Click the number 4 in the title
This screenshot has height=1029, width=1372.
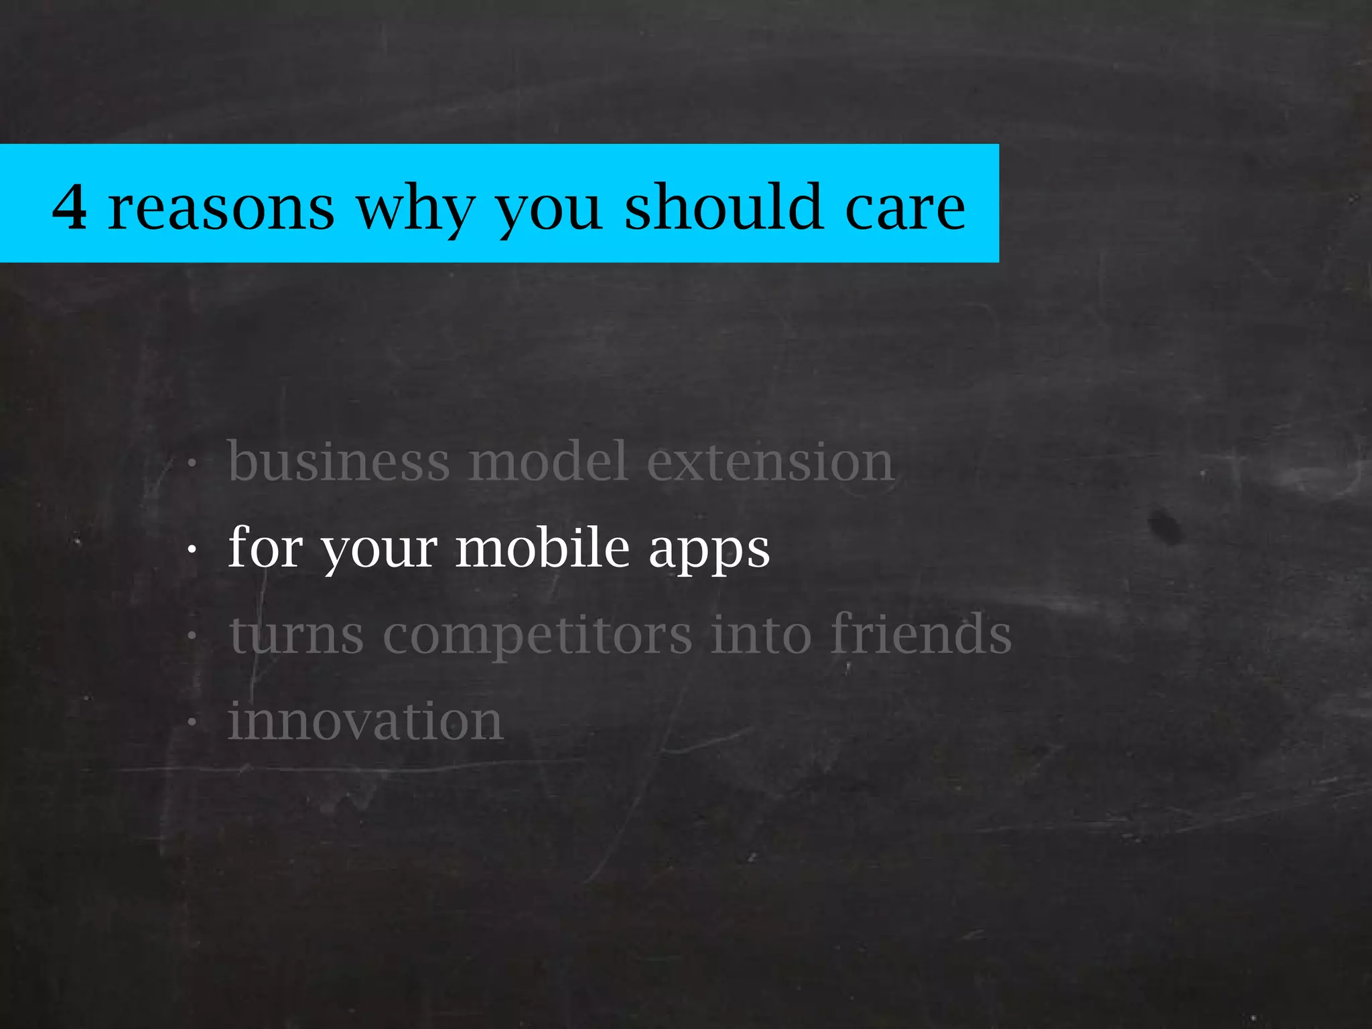coord(70,208)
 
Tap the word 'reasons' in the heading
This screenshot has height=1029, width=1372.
coord(221,209)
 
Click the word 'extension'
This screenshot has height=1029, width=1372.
coord(770,462)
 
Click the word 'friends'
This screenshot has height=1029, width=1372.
coord(921,633)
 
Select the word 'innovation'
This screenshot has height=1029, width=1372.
coord(366,722)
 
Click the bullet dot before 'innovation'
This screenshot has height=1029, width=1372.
coord(192,724)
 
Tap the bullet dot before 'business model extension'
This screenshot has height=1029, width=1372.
coord(192,463)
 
